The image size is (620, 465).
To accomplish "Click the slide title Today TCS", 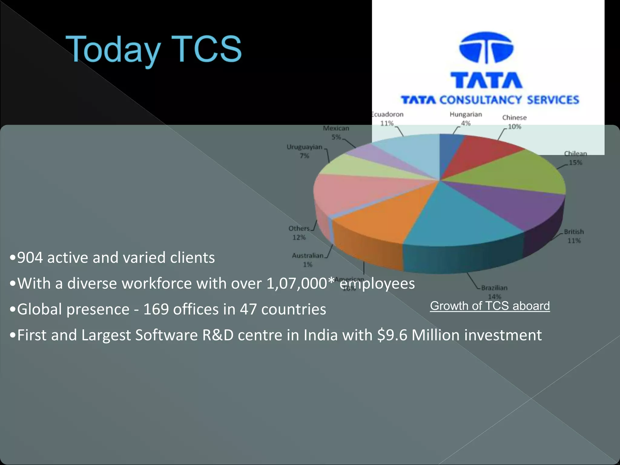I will pos(153,49).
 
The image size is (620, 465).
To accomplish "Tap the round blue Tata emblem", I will pos(486,48).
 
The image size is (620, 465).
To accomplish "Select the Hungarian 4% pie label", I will pos(466,118).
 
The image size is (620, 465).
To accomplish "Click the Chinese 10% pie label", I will pos(514,122).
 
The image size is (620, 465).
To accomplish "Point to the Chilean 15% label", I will pos(575,158).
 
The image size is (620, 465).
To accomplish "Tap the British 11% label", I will pos(574,236).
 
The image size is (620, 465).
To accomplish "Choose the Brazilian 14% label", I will pos(494,292).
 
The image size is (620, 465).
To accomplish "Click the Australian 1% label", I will pos(308,260).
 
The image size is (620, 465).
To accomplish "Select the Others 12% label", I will pos(299,232).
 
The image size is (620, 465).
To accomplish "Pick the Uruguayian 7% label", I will pos(305,151).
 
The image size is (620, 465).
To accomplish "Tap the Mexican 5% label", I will pos(336,132).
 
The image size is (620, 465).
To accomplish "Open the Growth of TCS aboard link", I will pos(490,306).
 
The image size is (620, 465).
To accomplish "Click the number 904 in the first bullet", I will pos(30,258).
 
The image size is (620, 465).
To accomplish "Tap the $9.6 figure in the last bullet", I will pos(392,335).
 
